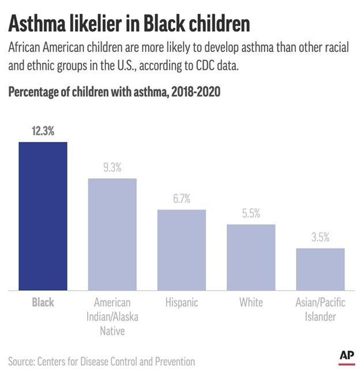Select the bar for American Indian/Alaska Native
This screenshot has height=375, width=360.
(112, 234)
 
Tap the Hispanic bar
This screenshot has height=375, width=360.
(182, 249)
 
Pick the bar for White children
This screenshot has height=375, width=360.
(251, 257)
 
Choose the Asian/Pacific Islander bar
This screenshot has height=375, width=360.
(320, 269)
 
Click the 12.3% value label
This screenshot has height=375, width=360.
(43, 132)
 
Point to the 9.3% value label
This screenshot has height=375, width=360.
(112, 168)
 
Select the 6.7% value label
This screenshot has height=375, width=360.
(182, 199)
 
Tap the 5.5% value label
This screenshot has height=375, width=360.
(251, 213)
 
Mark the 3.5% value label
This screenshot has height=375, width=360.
(320, 237)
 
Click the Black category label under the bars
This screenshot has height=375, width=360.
(43, 303)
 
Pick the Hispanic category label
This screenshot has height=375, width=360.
(182, 303)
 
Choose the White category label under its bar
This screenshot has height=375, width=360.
(251, 303)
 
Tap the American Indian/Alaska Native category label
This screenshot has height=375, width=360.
(112, 317)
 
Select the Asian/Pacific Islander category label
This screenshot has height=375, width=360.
(320, 310)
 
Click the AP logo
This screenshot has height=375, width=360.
(346, 355)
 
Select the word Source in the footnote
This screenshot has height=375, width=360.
(21, 362)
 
